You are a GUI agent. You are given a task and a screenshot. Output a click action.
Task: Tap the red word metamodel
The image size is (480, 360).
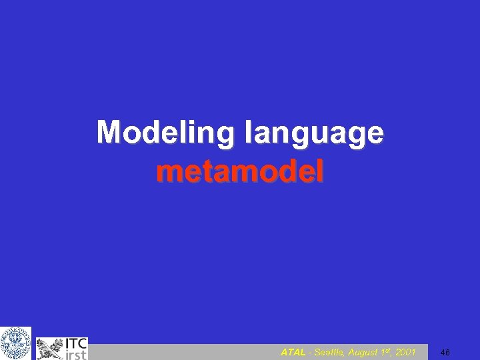[240, 173]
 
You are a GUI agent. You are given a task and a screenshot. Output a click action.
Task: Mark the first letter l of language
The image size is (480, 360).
[249, 132]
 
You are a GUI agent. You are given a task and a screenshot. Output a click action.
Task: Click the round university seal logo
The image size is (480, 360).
[15, 343]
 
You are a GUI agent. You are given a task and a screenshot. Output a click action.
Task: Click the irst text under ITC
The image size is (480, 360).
[75, 355]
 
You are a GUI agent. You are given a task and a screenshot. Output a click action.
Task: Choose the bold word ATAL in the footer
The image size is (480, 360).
[293, 352]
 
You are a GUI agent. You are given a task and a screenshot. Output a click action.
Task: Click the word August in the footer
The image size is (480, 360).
[365, 352]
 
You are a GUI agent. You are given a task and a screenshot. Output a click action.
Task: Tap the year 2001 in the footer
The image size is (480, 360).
[405, 352]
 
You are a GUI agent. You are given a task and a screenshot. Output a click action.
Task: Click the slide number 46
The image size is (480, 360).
[445, 352]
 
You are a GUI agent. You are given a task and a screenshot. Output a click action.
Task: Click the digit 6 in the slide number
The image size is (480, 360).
[448, 352]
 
